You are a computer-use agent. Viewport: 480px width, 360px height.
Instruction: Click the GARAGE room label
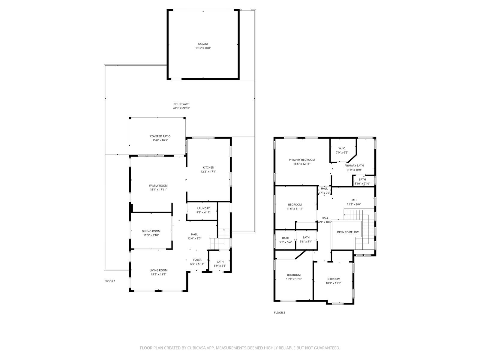tap(203, 44)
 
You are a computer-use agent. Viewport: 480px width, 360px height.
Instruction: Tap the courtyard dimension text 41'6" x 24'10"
tap(181, 108)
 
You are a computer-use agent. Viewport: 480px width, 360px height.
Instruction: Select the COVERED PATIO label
tap(160, 136)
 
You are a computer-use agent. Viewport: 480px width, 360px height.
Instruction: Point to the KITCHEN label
tap(208, 168)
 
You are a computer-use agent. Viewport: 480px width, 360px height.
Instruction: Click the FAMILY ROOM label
tap(158, 186)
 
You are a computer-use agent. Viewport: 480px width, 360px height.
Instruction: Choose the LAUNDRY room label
tap(203, 208)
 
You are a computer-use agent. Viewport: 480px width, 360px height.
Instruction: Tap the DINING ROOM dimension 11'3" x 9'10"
tap(151, 235)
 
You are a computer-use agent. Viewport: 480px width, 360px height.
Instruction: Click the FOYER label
tap(197, 260)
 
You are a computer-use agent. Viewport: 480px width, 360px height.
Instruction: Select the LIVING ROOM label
tap(158, 270)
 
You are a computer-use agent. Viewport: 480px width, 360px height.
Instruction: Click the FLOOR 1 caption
tap(110, 281)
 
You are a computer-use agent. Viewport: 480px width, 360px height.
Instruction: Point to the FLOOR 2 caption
tap(280, 313)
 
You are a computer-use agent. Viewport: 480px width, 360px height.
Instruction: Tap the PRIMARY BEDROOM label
tap(302, 160)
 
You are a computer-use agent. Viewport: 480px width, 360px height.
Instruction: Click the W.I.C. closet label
tap(342, 148)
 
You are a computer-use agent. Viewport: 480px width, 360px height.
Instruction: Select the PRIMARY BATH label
tap(354, 166)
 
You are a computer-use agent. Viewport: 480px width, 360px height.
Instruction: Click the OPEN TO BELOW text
tap(348, 232)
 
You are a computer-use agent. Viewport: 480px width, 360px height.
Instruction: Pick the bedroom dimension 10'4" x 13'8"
tap(294, 279)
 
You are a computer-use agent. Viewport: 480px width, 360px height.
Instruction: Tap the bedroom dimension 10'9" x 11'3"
tap(333, 283)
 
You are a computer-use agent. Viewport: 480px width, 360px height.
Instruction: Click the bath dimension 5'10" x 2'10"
tap(362, 184)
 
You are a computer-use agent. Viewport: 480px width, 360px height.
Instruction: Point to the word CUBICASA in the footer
tap(196, 348)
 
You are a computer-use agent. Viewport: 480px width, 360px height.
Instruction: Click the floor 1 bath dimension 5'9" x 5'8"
tap(220, 266)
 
